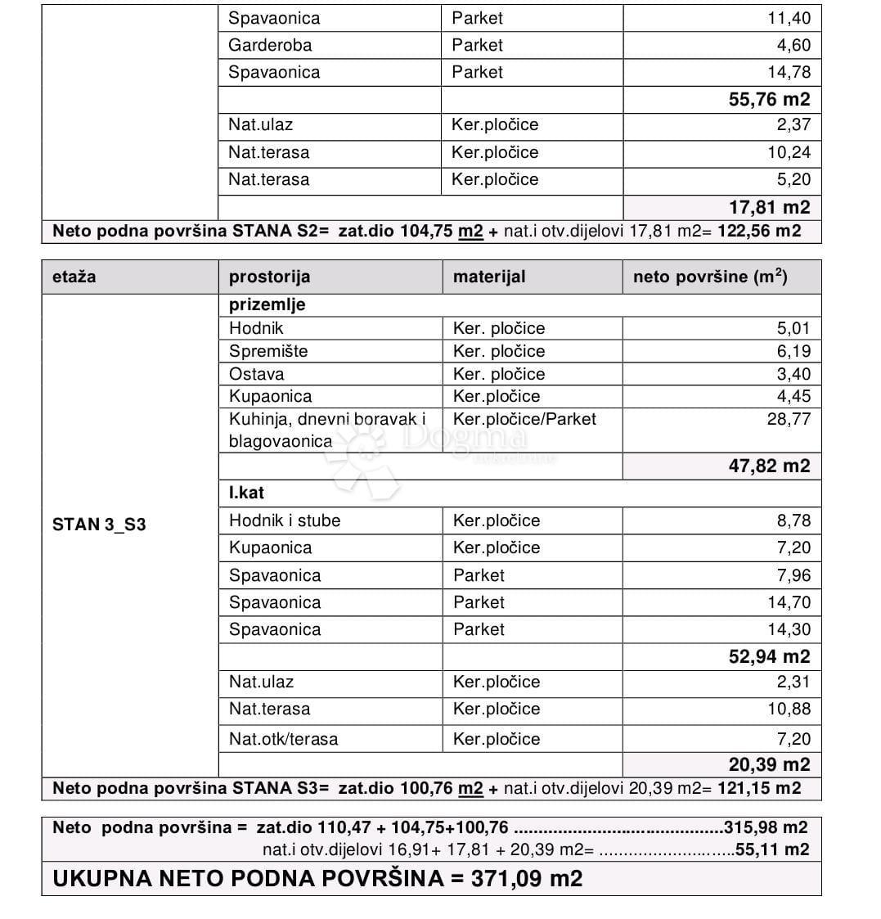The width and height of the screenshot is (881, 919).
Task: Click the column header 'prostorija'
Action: coord(269,277)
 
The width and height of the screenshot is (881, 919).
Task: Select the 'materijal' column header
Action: coord(489,277)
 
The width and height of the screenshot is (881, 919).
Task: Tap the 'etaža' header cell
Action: coord(74,277)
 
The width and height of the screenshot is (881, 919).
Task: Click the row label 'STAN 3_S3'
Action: coord(99,525)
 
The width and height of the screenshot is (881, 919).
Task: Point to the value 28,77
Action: coord(789,419)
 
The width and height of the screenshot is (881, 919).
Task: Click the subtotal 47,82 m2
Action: coord(769,466)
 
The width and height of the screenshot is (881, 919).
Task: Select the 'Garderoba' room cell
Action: coord(270,45)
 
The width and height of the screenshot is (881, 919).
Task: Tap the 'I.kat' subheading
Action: coord(246,493)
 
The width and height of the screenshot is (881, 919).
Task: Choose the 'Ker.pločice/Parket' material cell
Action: coord(524,419)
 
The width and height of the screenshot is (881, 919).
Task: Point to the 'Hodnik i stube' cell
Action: coord(285,520)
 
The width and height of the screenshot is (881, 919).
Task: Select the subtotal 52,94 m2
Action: coord(769,656)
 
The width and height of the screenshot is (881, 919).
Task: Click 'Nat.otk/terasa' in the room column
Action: coord(283,739)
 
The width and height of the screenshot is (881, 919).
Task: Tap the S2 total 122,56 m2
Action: coord(759,231)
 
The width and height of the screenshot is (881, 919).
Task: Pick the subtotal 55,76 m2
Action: coord(769,100)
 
